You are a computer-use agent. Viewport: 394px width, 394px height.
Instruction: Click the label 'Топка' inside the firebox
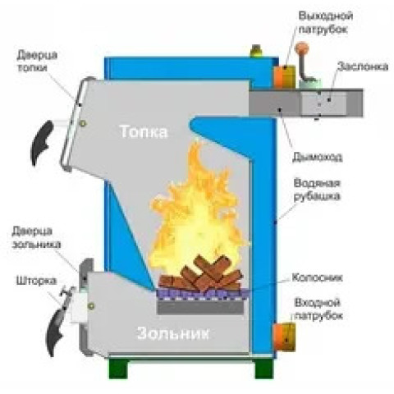tap(144, 131)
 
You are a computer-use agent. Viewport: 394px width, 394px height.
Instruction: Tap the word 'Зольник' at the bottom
tap(173, 333)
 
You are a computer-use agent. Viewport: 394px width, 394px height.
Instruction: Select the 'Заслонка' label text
tap(363, 66)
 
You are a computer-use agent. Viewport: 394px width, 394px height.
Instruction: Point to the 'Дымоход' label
tap(318, 157)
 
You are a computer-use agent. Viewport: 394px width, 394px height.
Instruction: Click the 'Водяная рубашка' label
tap(317, 190)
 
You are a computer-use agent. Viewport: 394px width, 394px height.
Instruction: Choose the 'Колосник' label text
tap(317, 277)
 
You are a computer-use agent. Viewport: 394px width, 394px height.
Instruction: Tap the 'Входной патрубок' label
tap(318, 309)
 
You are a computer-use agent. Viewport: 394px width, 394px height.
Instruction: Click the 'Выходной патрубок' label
tap(325, 22)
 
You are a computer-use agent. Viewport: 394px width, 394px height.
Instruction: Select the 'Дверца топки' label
tap(37, 62)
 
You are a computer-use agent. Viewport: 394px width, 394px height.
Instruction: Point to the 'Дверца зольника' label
tap(36, 237)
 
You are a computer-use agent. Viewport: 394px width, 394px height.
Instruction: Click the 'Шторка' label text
tap(36, 281)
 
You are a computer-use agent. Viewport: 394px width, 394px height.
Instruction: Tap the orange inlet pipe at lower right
tap(284, 337)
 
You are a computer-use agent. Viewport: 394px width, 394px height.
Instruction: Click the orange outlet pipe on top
tap(285, 76)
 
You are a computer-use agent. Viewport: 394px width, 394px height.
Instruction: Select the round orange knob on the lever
tap(302, 48)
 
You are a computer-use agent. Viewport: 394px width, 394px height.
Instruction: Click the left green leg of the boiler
tap(118, 368)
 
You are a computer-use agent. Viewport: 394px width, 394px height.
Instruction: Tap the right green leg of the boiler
tap(264, 368)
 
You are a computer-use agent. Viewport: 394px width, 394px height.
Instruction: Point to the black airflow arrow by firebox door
tap(41, 142)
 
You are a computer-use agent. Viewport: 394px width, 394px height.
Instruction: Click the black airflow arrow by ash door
tap(56, 331)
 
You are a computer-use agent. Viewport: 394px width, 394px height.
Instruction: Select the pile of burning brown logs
tap(201, 273)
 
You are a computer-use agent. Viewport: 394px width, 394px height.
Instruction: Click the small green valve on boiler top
tap(256, 51)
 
